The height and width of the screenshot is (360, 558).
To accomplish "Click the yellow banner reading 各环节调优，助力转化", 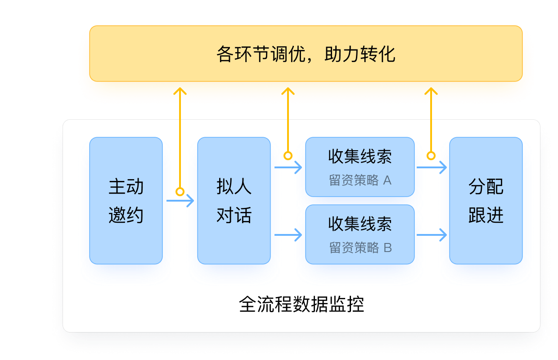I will coord(306,54).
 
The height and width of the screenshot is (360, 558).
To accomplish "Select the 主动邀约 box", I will coord(126,201).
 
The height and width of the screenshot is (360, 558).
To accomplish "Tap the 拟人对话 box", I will coord(234,201).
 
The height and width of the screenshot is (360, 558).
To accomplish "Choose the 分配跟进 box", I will coord(486,201).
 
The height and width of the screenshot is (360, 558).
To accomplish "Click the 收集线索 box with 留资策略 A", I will coord(360,167).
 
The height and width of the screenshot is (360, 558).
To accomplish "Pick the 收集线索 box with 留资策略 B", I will coord(360,234).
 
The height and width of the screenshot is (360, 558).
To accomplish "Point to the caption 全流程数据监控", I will coord(301,305).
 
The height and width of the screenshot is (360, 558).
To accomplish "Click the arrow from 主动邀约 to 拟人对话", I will coord(180,201).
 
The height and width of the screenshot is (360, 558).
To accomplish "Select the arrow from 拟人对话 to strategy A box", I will coord(288,167).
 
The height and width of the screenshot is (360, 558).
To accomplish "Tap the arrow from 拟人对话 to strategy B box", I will coord(288,234).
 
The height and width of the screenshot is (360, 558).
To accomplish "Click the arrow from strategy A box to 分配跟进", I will coord(432,167).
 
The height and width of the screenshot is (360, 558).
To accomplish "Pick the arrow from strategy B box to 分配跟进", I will coord(432,234).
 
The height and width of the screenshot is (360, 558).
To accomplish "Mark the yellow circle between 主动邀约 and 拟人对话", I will coord(180,192).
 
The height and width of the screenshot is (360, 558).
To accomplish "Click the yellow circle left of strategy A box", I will coord(288,156).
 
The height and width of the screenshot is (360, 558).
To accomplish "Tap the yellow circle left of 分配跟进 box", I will coord(431,156).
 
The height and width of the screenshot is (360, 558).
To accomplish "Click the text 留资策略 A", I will coord(360,180).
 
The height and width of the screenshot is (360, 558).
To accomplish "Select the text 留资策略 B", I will coord(360,248).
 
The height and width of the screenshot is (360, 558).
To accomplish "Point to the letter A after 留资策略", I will coord(387,180).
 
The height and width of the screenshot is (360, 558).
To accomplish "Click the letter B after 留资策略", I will coord(387,248).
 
